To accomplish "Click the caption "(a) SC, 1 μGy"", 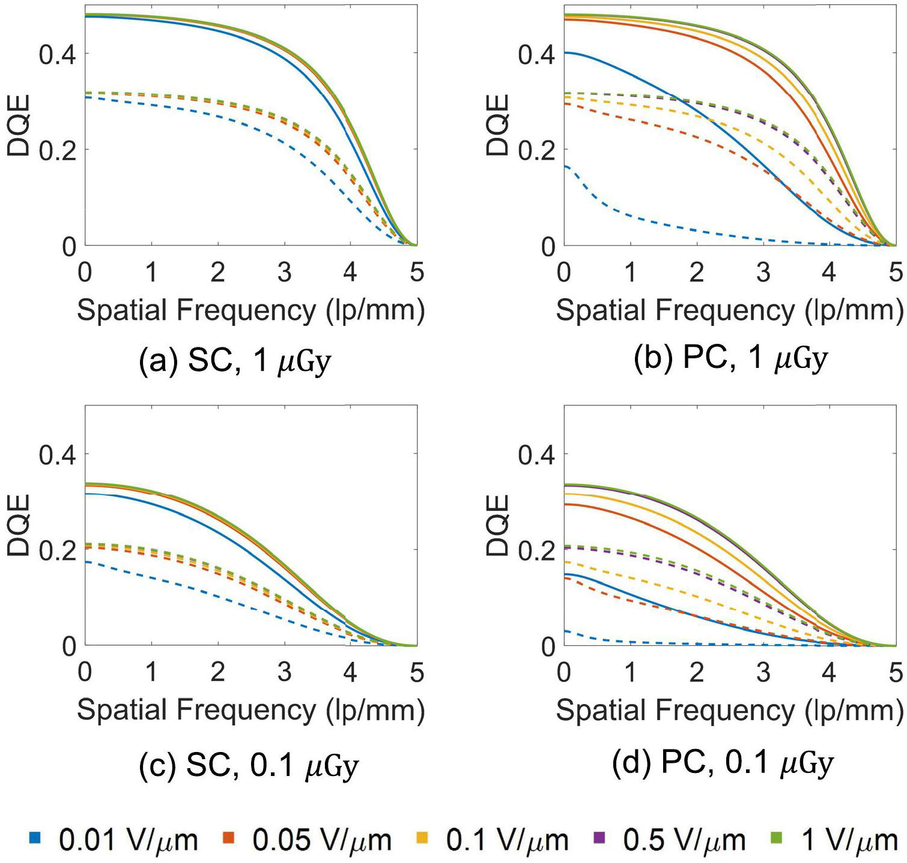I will pos(235,361).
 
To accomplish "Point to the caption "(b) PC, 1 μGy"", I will pos(730,359).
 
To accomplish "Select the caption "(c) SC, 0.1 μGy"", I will pos(248,766).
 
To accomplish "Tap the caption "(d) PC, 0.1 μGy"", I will pos(723,763).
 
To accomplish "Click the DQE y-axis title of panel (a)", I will pos(18,125).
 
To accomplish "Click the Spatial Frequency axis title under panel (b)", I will pos(729,311).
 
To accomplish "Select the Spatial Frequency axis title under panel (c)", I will pos(250,711).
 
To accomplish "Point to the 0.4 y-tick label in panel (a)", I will pos(57,55).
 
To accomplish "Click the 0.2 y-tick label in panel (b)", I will pos(536,150).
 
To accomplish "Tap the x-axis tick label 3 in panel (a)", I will pos(284,272).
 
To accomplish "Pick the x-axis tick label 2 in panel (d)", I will pos(696,672).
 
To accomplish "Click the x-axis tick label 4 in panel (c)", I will pos(350,672).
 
